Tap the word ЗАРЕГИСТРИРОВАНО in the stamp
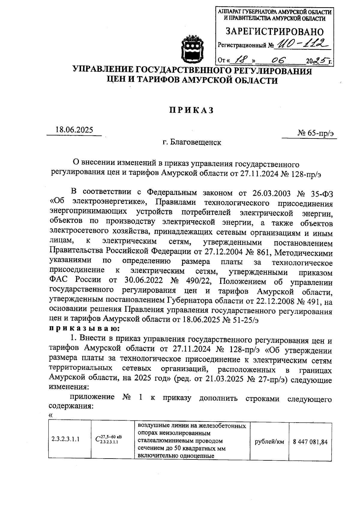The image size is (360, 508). tap(274, 31)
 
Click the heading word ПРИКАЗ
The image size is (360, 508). tap(192, 110)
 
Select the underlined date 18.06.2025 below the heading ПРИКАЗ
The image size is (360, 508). tap(74, 130)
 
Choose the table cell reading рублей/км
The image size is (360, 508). tap(269, 441)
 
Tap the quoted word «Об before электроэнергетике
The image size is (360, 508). tap(56, 203)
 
